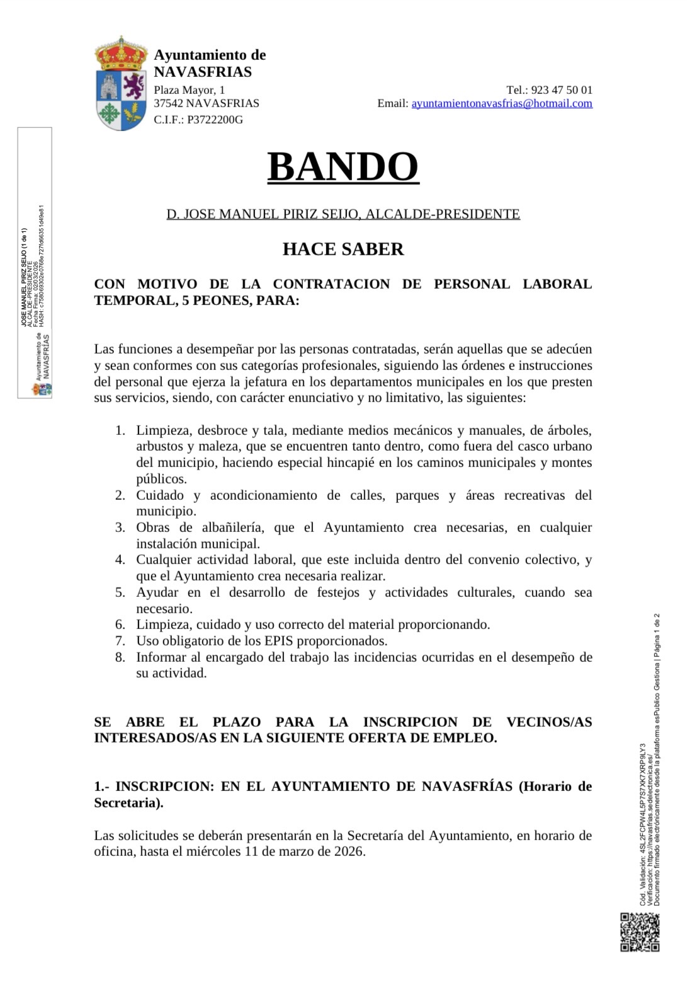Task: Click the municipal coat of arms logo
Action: pyautogui.click(x=122, y=84)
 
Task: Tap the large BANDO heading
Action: pyautogui.click(x=343, y=166)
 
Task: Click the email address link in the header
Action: pyautogui.click(x=502, y=103)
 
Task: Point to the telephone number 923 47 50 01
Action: pyautogui.click(x=562, y=89)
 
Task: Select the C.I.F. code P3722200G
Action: pyautogui.click(x=215, y=119)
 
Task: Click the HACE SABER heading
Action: pyautogui.click(x=343, y=249)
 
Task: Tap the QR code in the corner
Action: pyautogui.click(x=640, y=932)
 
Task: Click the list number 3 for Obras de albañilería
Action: pyautogui.click(x=120, y=528)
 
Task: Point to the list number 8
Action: pyautogui.click(x=120, y=657)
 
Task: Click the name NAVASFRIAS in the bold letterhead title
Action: pyautogui.click(x=203, y=72)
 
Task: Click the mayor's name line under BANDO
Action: pyautogui.click(x=343, y=214)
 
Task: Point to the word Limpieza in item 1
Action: pyautogui.click(x=162, y=430)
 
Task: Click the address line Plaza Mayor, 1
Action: pyautogui.click(x=190, y=89)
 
